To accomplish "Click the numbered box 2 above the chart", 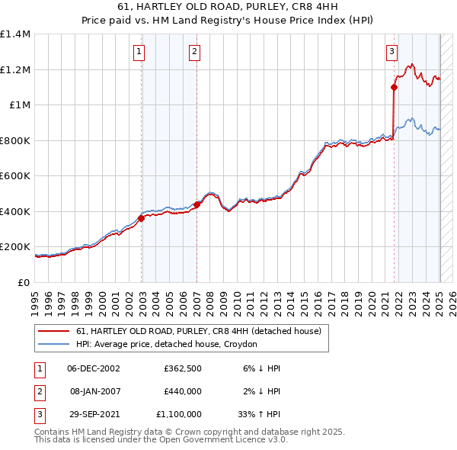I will click(x=195, y=52).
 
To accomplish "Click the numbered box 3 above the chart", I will click(x=391, y=52).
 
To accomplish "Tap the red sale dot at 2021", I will click(x=394, y=88).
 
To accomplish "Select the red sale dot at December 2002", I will click(x=141, y=218).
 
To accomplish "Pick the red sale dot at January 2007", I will click(x=197, y=204).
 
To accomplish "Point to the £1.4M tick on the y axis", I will click(x=15, y=34).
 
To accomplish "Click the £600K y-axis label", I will click(x=15, y=176).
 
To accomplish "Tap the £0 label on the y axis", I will click(x=23, y=282).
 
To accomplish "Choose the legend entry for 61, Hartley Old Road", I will click(x=200, y=331).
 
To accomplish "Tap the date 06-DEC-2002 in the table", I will click(x=94, y=368).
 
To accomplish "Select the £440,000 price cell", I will click(x=182, y=391).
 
